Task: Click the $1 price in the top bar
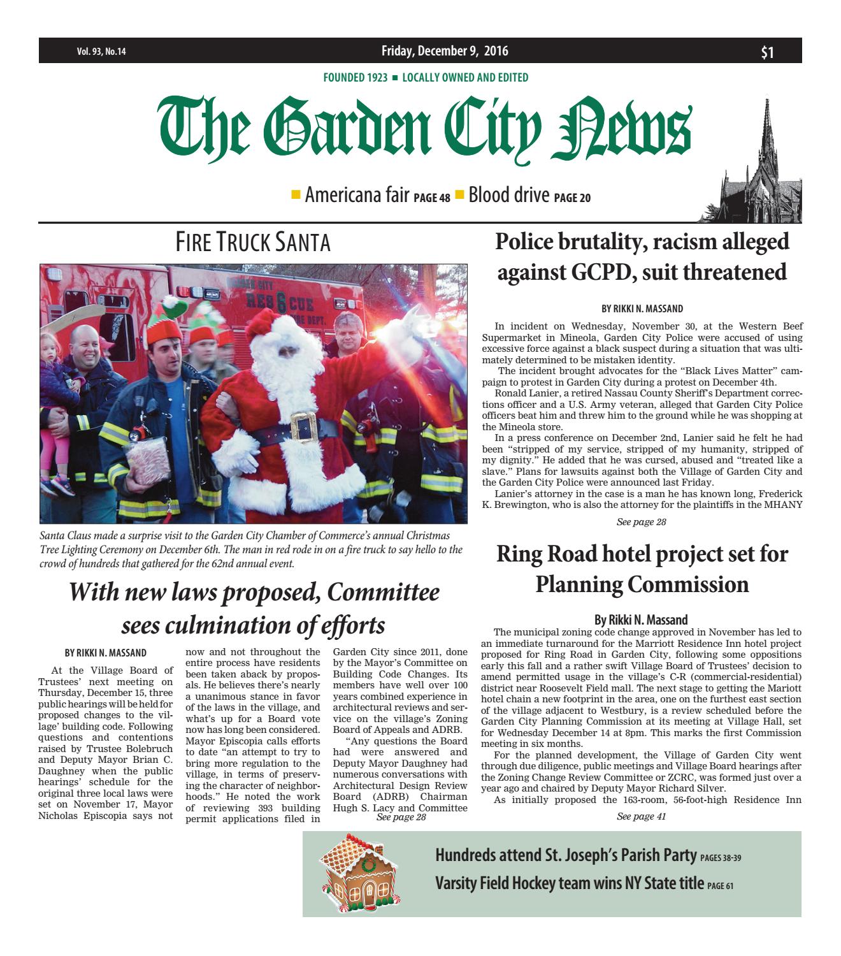click(x=768, y=52)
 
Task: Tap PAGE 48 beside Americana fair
click(x=432, y=198)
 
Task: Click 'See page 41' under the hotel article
click(x=642, y=817)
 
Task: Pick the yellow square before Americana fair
click(x=296, y=194)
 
